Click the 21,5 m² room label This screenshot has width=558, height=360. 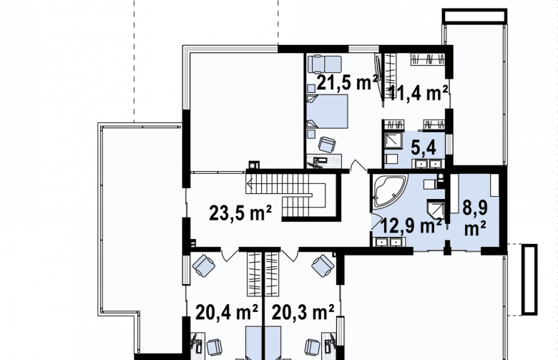click(x=347, y=82)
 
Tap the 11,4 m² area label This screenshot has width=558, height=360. click(x=418, y=93)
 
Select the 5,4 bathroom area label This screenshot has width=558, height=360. click(x=423, y=147)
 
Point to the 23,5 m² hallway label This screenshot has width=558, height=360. click(x=240, y=213)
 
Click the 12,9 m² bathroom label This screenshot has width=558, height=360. click(x=411, y=225)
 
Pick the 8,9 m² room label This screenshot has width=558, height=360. click(x=475, y=218)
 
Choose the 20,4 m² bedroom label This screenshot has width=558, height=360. click(x=227, y=313)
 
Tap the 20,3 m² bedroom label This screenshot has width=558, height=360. click(x=303, y=313)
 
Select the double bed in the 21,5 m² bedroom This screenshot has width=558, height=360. click(x=327, y=111)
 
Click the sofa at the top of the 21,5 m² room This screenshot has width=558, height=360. click(x=325, y=64)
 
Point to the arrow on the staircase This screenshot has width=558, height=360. click(x=250, y=184)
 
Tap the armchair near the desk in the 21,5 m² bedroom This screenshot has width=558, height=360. click(x=327, y=144)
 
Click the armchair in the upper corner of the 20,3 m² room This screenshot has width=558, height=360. click(x=323, y=266)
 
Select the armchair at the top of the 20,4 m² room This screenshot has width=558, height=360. click(x=204, y=266)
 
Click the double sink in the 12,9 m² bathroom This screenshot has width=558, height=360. click(x=389, y=242)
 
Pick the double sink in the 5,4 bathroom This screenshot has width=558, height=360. click(x=427, y=164)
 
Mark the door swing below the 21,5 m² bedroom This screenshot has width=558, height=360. click(x=358, y=165)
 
